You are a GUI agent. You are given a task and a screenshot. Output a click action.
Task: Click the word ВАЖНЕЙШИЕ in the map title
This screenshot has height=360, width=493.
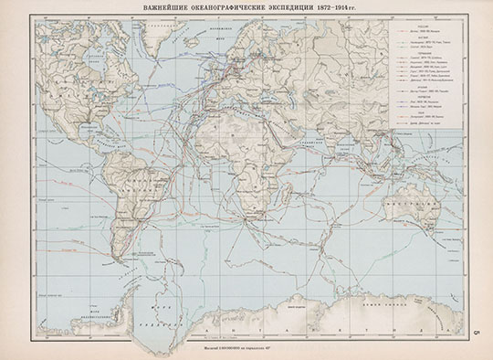(x=162, y=10)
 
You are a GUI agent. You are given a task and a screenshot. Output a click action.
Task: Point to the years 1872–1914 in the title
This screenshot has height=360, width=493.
(x=341, y=10)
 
